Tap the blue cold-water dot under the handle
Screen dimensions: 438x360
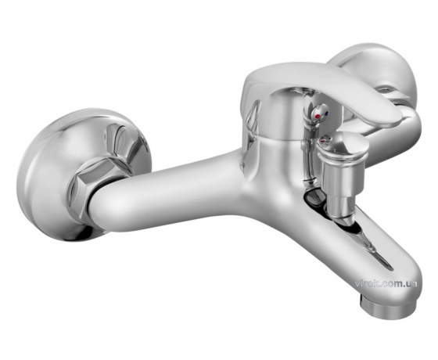[x=327, y=113]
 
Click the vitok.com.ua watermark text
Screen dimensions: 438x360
[x=386, y=283]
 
